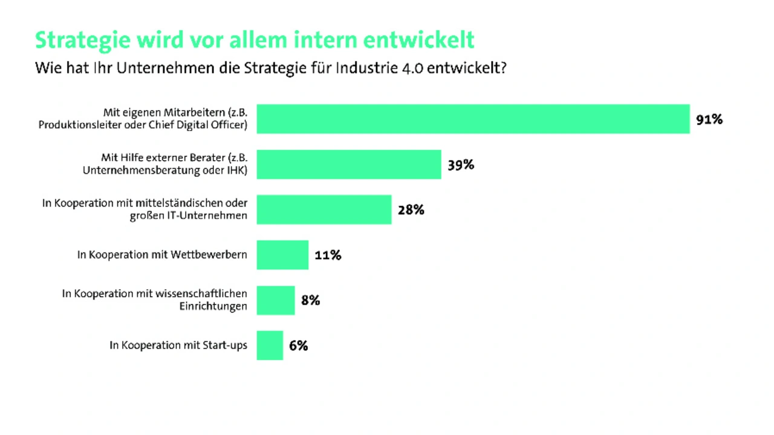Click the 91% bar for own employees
pyautogui.click(x=473, y=119)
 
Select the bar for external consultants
pyautogui.click(x=349, y=164)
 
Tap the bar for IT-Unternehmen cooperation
pyautogui.click(x=324, y=210)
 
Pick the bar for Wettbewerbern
pyautogui.click(x=282, y=255)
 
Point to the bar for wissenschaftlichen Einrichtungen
pyautogui.click(x=276, y=300)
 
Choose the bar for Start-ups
pyautogui.click(x=270, y=346)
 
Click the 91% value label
pyautogui.click(x=709, y=120)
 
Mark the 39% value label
pyautogui.click(x=461, y=165)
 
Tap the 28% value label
pyautogui.click(x=411, y=210)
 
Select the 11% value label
pyautogui.click(x=328, y=256)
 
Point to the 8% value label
pyautogui.click(x=310, y=300)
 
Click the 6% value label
pyautogui.click(x=298, y=346)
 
